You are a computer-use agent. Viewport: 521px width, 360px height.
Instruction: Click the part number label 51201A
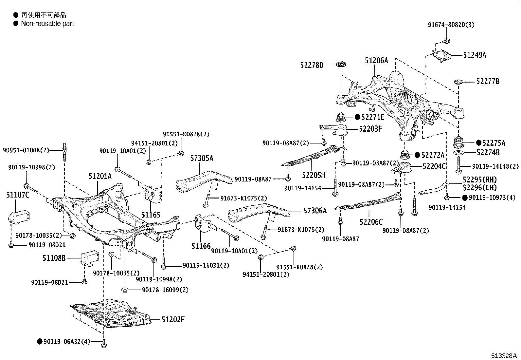click(99, 177)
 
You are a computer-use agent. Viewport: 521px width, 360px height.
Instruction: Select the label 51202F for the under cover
click(173, 319)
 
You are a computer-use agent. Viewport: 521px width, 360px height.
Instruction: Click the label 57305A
click(202, 159)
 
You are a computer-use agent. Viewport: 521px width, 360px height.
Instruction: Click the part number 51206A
click(376, 61)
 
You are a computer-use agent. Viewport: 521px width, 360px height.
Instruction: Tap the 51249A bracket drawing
click(442, 55)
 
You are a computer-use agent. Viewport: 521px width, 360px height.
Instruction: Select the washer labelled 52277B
click(458, 82)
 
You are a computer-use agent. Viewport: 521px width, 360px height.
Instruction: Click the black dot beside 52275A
click(479, 143)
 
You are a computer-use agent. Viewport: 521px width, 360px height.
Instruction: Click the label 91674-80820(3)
click(451, 25)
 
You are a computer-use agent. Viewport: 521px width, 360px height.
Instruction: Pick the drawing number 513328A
click(503, 356)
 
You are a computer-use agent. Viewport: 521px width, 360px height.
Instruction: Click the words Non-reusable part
click(47, 24)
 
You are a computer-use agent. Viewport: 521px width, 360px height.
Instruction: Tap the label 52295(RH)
click(479, 180)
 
